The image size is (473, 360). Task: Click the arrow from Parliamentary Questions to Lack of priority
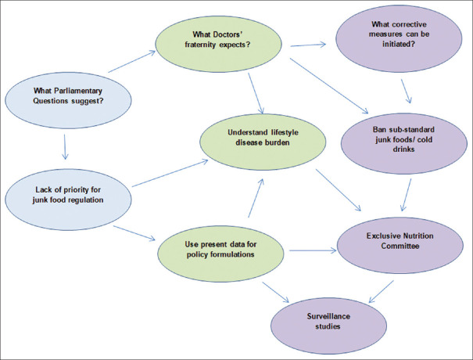(63, 146)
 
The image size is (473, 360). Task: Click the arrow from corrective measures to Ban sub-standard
(407, 91)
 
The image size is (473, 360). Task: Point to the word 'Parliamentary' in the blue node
(73, 91)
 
